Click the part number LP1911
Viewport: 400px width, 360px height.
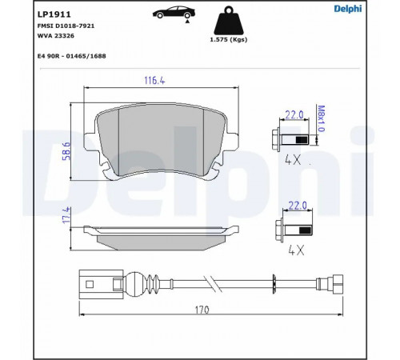point(54,14)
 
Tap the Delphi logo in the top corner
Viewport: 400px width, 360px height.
point(348,9)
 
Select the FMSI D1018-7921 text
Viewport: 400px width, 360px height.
point(66,26)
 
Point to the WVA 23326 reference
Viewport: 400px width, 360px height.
point(56,36)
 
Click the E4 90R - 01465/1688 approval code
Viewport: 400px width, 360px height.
point(71,56)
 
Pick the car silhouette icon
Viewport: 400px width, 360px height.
point(174,14)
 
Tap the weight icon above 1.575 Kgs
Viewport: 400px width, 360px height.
point(229,21)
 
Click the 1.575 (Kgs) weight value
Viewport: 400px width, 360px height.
point(229,40)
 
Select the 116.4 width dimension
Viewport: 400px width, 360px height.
point(154,81)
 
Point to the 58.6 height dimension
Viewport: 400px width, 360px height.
point(66,151)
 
